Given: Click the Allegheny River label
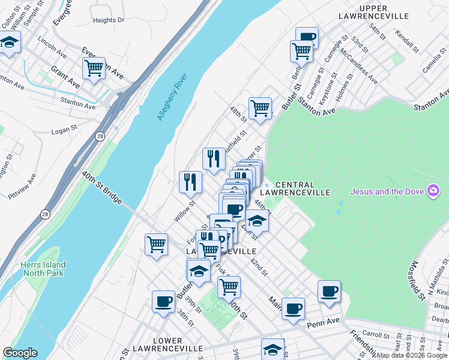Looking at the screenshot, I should [x=172, y=97].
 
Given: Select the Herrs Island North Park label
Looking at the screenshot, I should [x=42, y=269].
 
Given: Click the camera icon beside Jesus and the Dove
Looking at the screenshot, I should [x=433, y=191].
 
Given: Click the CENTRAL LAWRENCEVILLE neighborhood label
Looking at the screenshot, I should [x=303, y=188].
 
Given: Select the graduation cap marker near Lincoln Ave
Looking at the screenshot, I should [x=10, y=42].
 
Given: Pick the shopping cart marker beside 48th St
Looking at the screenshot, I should [x=260, y=108].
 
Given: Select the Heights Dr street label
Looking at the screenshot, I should [x=109, y=20].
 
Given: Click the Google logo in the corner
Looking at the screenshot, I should [x=20, y=353].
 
